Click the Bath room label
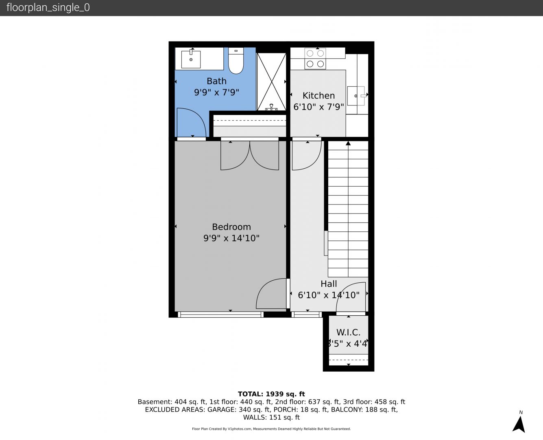(216, 81)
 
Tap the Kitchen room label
(318, 95)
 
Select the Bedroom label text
(231, 227)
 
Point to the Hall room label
(329, 284)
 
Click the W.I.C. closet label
(348, 332)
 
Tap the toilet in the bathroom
(236, 61)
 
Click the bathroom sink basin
(191, 59)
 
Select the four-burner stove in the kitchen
(315, 59)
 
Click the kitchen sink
(356, 96)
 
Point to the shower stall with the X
(271, 82)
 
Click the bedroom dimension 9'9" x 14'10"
(231, 238)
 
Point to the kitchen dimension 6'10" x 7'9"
(318, 107)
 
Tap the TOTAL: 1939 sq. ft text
(271, 394)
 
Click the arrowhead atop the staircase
(348, 143)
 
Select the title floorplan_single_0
(48, 8)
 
